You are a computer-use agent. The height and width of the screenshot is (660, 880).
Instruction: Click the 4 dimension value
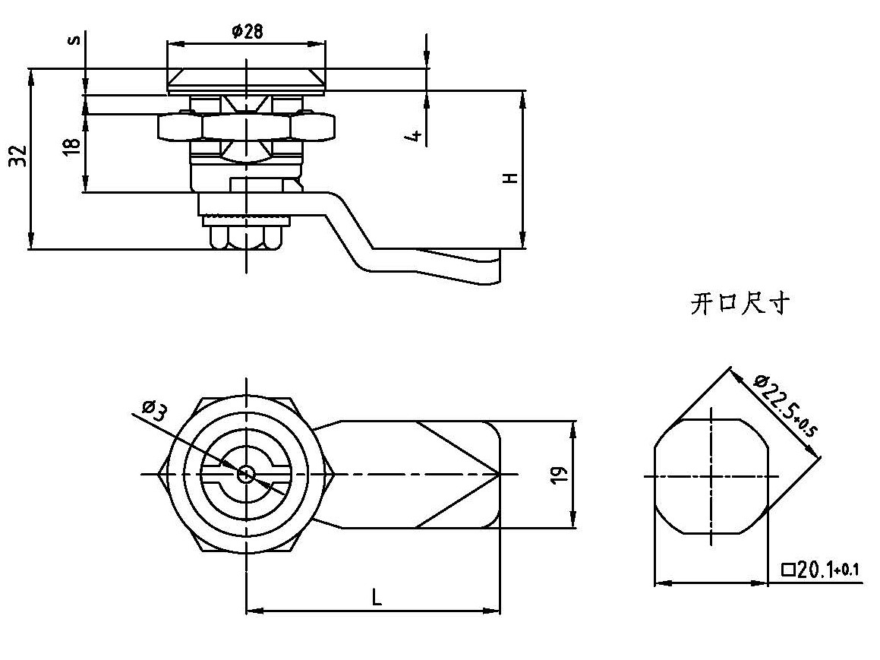click(x=415, y=135)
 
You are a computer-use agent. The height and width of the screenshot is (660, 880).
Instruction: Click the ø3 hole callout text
click(x=155, y=412)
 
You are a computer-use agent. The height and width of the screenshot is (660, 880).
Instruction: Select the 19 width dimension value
click(x=560, y=475)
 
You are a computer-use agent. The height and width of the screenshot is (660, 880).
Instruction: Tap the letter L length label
click(x=377, y=598)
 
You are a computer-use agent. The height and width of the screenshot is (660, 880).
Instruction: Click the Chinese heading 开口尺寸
click(x=740, y=305)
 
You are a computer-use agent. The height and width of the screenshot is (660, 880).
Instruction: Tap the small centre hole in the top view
click(x=246, y=475)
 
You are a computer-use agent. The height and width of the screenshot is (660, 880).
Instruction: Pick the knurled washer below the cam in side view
click(x=246, y=220)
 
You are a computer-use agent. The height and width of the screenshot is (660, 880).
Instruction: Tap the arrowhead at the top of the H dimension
click(x=524, y=95)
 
